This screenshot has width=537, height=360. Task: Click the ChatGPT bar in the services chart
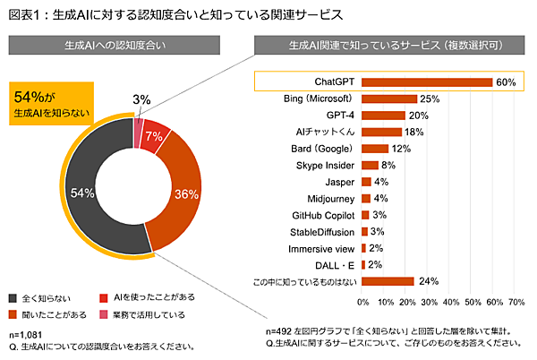pos(426,82)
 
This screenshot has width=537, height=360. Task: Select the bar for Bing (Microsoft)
pos(388,99)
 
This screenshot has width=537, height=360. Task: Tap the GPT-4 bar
pos(382,116)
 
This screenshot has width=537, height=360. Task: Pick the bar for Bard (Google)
pos(374,149)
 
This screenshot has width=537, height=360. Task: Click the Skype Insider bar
pos(369,166)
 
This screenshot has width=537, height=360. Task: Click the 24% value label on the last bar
pos(428,281)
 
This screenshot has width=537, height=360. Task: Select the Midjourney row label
pos(329,198)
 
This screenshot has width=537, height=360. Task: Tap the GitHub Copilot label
pos(318,215)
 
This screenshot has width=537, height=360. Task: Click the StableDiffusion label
pos(319,231)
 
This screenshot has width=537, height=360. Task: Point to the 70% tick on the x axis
pos(516,302)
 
